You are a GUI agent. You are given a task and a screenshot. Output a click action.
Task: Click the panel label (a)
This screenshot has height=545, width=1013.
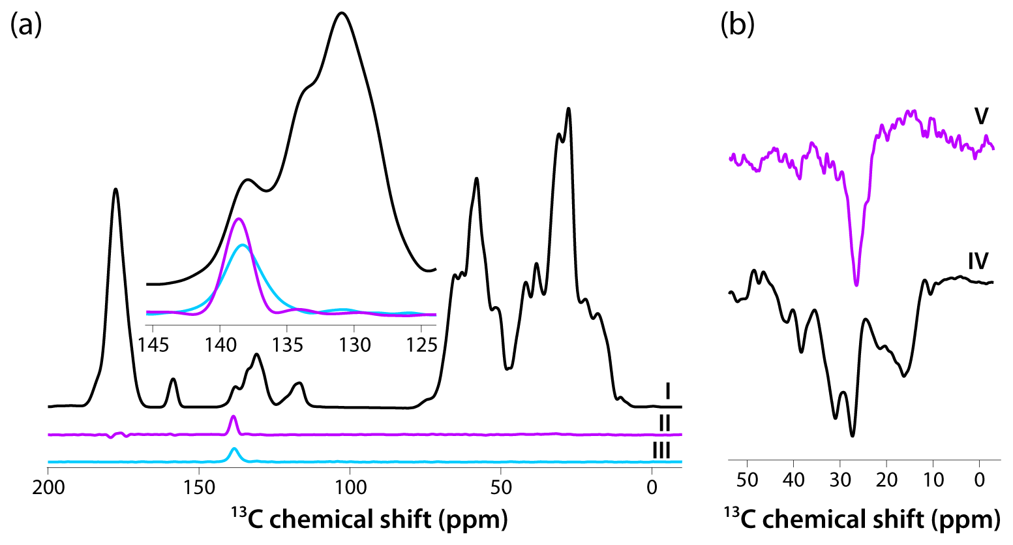pyautogui.click(x=26, y=25)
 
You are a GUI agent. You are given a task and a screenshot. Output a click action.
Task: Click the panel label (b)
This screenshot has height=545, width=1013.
pyautogui.click(x=737, y=25)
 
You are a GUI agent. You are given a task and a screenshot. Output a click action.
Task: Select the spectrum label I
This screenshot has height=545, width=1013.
pyautogui.click(x=668, y=392)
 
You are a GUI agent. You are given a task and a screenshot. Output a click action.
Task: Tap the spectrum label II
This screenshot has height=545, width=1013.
pyautogui.click(x=665, y=423)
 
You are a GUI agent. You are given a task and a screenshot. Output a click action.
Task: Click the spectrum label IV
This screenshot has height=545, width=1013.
pyautogui.click(x=978, y=261)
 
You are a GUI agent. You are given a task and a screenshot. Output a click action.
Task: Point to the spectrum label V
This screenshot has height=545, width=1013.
pyautogui.click(x=981, y=116)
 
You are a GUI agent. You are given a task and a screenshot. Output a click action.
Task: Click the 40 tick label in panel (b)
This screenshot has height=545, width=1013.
pyautogui.click(x=793, y=480)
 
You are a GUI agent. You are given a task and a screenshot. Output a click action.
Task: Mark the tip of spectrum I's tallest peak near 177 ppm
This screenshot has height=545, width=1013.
pyautogui.click(x=116, y=189)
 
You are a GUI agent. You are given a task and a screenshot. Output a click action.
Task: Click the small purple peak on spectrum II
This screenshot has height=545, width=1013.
pyautogui.click(x=234, y=416)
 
